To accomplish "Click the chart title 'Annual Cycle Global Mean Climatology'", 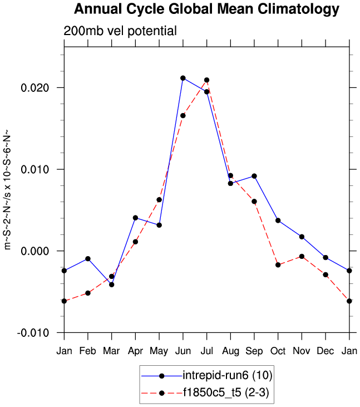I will point(206,9).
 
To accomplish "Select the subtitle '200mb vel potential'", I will point(120,31).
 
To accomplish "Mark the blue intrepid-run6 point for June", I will point(183,78).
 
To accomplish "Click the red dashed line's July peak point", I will point(206,80).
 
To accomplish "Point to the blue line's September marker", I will point(254,176).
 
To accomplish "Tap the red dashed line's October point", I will point(278,265).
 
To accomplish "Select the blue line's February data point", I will point(88,259).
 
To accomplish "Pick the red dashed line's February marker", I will point(88,293).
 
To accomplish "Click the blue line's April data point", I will point(135,218).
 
